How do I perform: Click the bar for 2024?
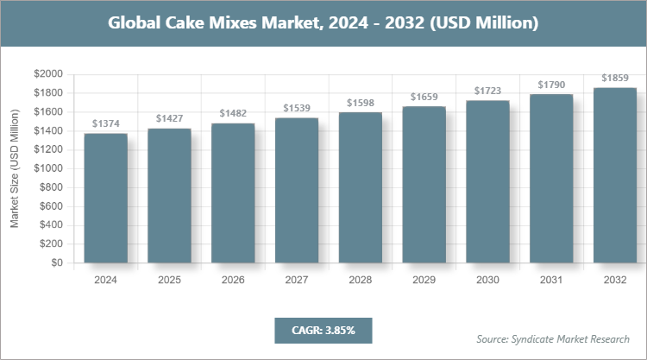point(105,199)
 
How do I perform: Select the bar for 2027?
point(297,191)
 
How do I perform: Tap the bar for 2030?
point(487,182)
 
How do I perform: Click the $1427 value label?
point(169,118)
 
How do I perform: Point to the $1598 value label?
point(361,103)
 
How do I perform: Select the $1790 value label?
point(551,85)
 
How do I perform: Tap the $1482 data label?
point(233,113)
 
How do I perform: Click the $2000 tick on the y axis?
point(48,74)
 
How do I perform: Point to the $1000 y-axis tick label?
point(48,168)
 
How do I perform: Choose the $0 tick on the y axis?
point(57,262)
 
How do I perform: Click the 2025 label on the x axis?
point(169,281)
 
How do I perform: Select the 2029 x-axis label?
point(424,281)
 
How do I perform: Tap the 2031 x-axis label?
point(551,281)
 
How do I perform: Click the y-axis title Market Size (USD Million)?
point(15,168)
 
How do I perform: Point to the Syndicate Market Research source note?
point(553,338)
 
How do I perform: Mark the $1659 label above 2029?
point(424,97)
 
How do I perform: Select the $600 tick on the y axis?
point(51,206)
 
